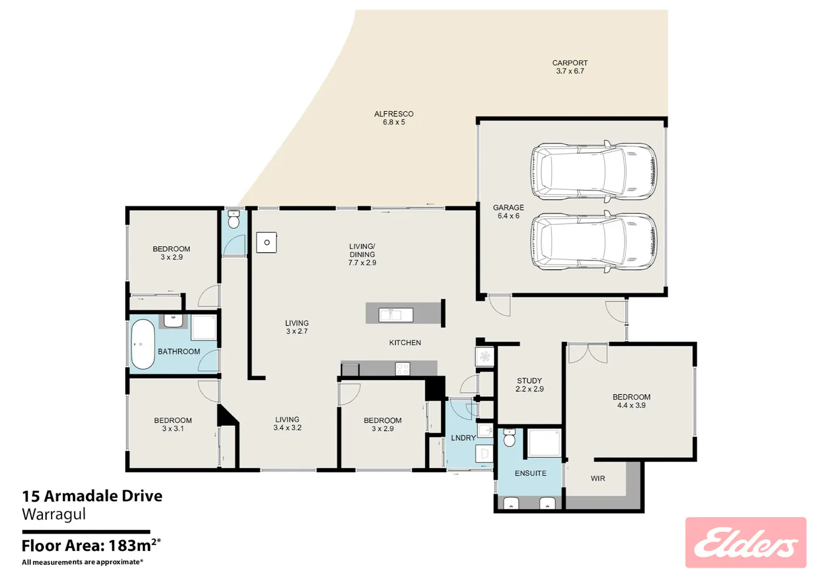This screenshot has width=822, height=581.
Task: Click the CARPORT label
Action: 570,63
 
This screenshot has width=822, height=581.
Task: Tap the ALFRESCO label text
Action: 394,114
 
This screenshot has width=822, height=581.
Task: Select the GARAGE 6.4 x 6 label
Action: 508,211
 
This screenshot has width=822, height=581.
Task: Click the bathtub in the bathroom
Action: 142,344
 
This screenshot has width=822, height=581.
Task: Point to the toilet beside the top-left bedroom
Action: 233,219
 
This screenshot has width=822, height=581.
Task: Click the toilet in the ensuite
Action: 509,438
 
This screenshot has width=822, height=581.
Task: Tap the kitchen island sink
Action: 396,315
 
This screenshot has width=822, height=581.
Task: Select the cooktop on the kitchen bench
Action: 403,369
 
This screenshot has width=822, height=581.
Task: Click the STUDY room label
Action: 529,381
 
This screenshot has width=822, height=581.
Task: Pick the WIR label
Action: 598,478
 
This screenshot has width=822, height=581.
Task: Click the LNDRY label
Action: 464,438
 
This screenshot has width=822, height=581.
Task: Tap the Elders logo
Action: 746,543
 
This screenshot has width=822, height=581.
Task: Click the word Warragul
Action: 54,514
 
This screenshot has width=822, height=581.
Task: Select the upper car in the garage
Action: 593,171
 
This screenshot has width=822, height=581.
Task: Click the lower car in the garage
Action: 593,241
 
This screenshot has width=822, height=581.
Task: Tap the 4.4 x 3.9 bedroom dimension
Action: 631,405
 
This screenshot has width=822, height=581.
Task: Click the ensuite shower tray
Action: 544,443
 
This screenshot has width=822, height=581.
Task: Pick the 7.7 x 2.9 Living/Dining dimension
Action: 362,263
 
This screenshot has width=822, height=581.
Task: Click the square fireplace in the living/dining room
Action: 266,242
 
